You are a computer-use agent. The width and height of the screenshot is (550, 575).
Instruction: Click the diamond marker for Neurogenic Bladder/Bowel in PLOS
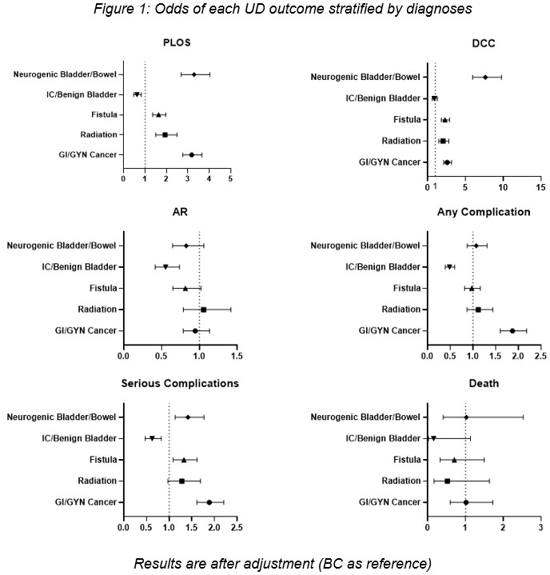click(194, 74)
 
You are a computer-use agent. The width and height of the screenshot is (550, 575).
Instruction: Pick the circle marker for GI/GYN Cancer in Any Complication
click(512, 330)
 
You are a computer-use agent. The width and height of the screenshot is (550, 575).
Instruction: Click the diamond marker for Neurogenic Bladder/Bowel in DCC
click(485, 78)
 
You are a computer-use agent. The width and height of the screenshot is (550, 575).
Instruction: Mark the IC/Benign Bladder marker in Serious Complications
click(152, 438)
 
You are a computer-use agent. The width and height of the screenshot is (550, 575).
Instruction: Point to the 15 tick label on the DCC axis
click(540, 188)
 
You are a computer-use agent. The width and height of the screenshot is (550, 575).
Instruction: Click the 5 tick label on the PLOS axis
click(230, 178)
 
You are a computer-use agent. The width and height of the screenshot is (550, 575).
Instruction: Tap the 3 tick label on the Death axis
click(541, 529)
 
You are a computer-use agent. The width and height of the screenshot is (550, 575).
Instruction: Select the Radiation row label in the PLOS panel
click(98, 134)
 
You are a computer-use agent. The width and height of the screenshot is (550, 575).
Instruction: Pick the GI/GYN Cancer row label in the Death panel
click(389, 502)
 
